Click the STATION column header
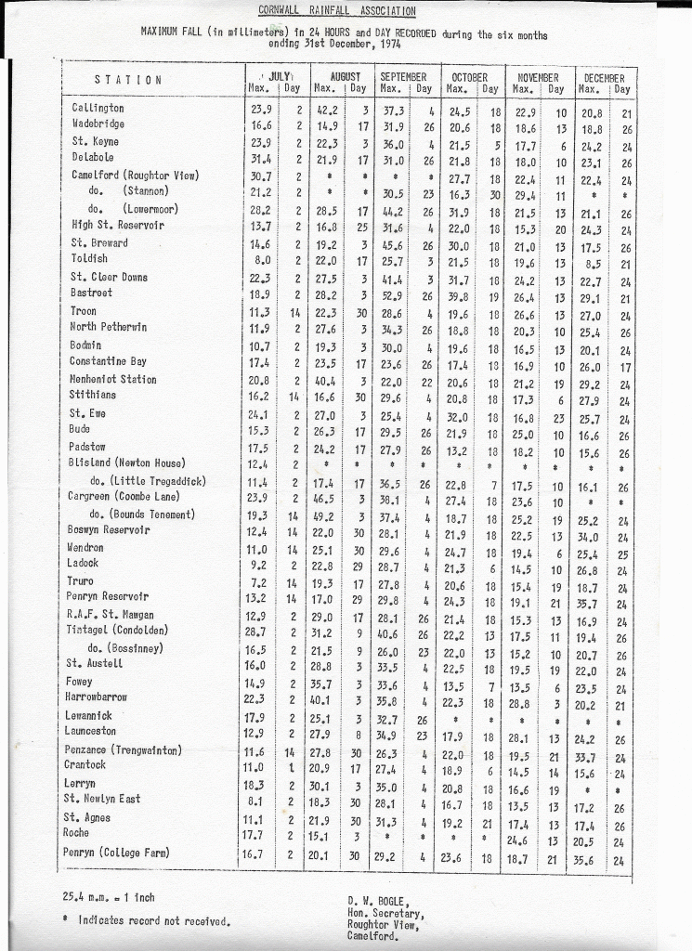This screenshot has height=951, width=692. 128,80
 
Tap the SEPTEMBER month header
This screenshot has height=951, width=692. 403,76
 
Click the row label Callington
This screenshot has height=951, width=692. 98,109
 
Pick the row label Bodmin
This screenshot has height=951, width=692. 86,345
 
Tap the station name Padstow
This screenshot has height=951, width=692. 89,447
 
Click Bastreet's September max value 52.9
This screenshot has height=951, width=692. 394,294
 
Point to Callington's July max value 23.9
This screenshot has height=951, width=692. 261,109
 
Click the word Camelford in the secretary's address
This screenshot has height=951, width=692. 375,936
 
